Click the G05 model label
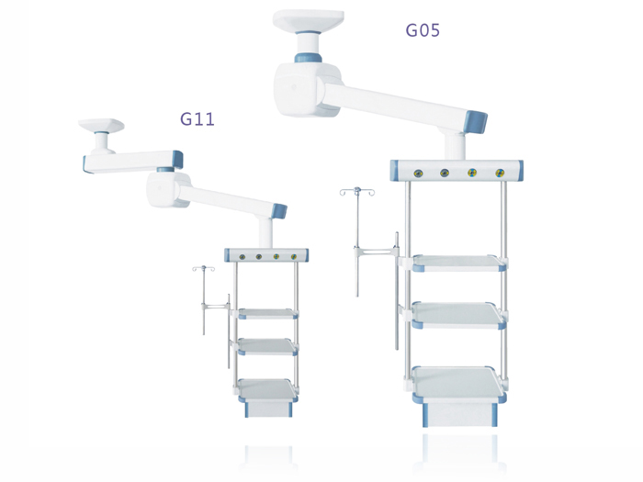pyautogui.click(x=423, y=30)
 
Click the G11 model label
pyautogui.click(x=197, y=118)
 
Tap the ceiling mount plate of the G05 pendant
pyautogui.click(x=309, y=20)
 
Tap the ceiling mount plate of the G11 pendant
pyautogui.click(x=101, y=125)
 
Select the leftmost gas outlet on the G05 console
pyautogui.click(x=418, y=173)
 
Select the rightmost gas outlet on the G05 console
pyautogui.click(x=499, y=173)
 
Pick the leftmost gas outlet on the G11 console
pyautogui.click(x=242, y=257)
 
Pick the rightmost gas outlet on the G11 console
pyautogui.click(x=294, y=257)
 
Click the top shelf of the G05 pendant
pyautogui.click(x=459, y=263)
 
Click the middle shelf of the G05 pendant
pyautogui.click(x=458, y=315)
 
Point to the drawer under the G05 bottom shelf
pyautogui.click(x=459, y=414)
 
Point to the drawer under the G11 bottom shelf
pyautogui.click(x=268, y=409)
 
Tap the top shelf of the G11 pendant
pyautogui.click(x=268, y=314)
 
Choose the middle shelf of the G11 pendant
pyautogui.click(x=267, y=347)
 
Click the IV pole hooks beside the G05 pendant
pyautogui.click(x=357, y=191)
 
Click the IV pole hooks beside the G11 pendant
pyautogui.click(x=203, y=268)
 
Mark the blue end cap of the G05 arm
pyautogui.click(x=475, y=122)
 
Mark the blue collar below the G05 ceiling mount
pyautogui.click(x=308, y=57)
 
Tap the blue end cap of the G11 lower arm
pyautogui.click(x=279, y=210)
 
